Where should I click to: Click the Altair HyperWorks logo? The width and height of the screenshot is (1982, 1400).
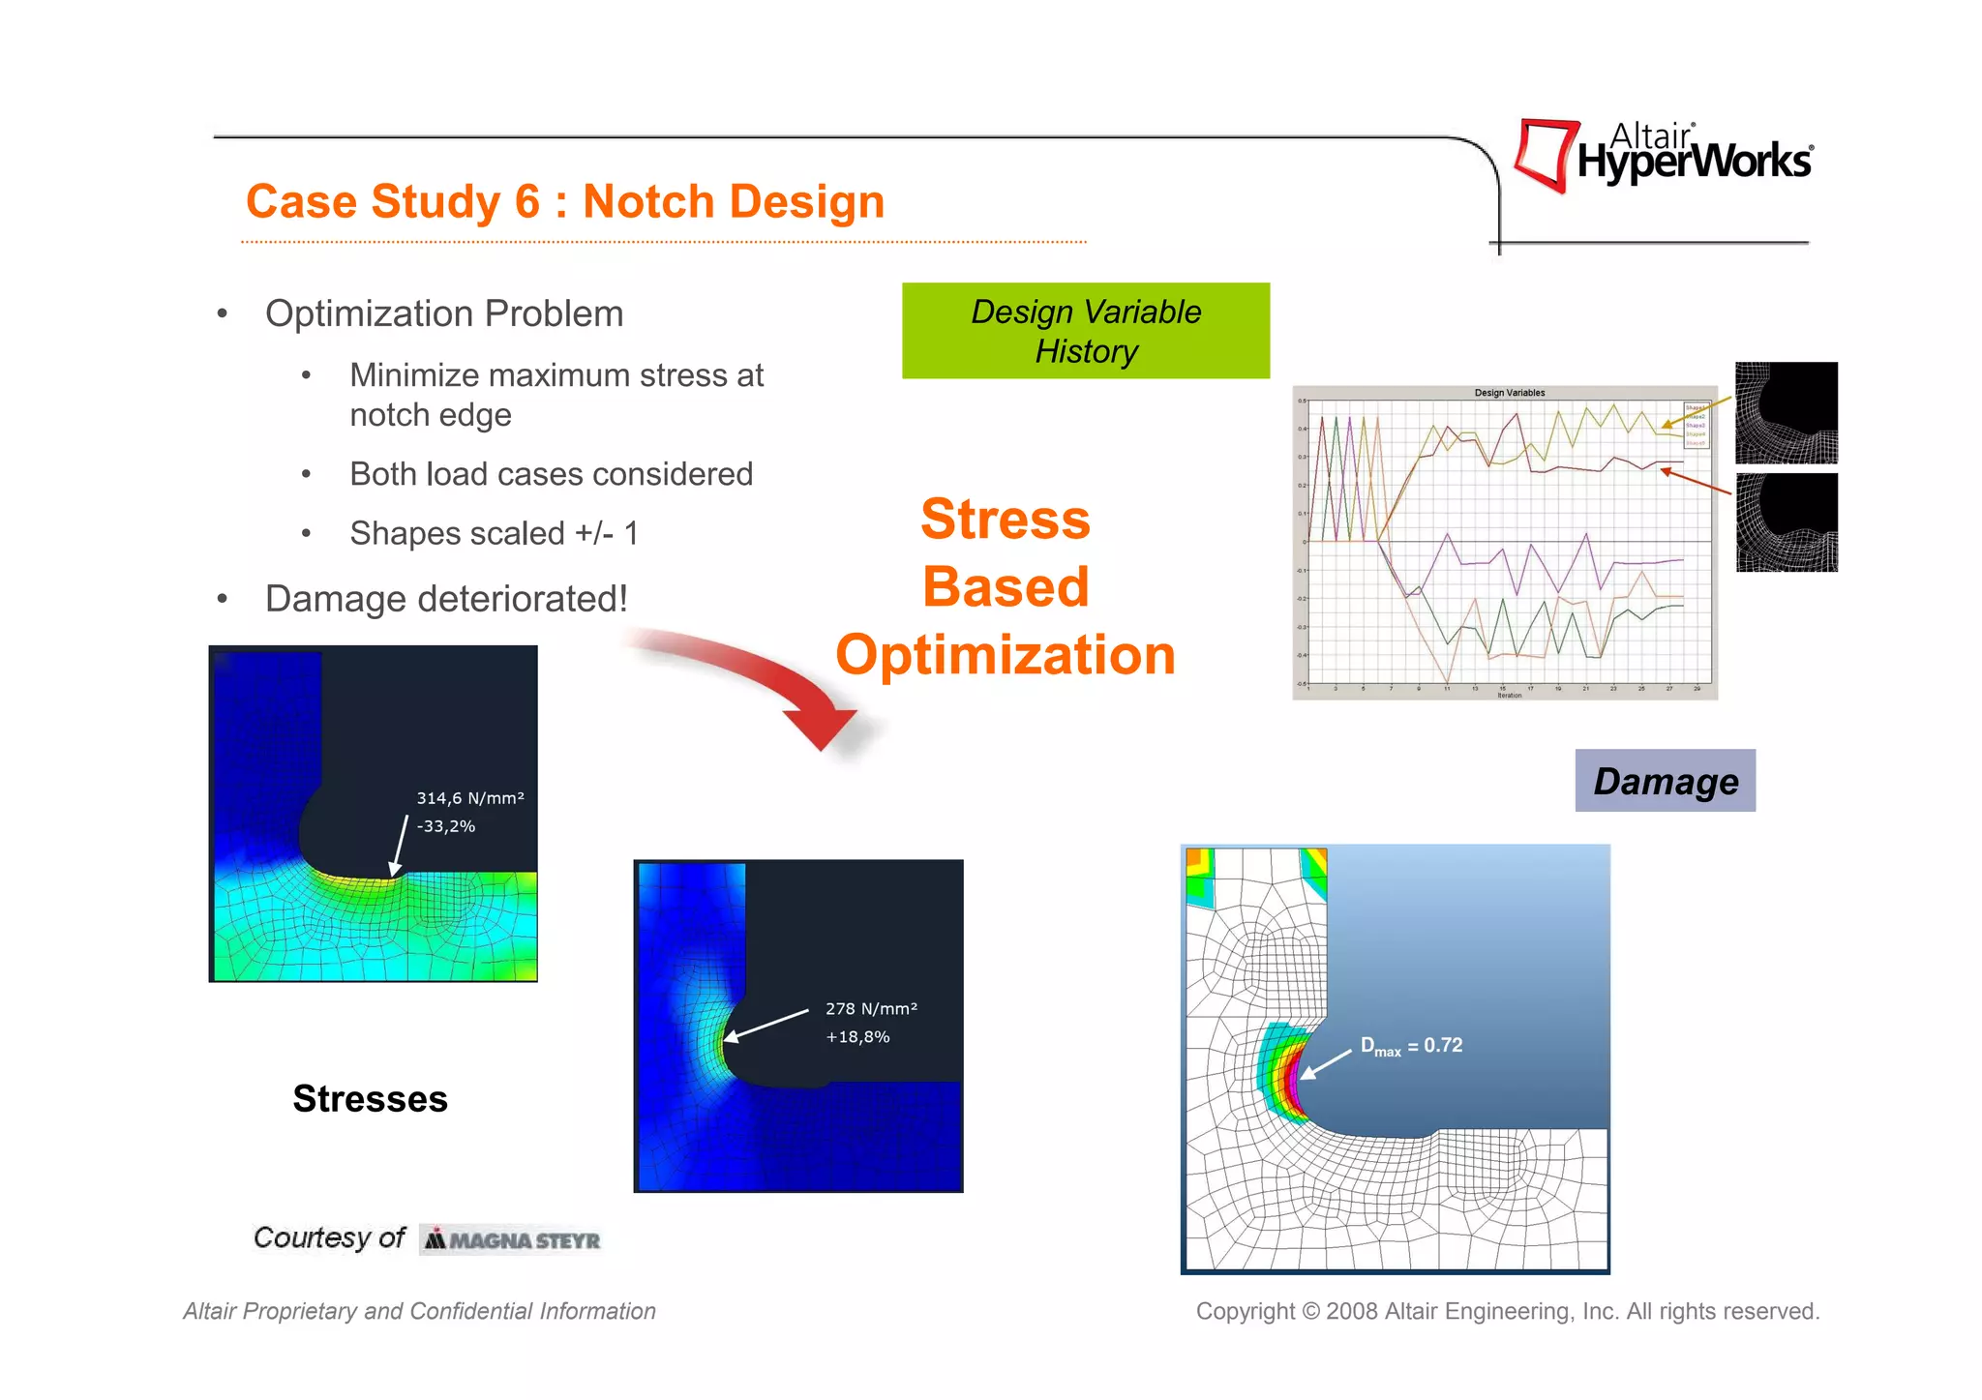point(1663,155)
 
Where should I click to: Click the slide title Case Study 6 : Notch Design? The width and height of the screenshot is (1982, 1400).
point(564,201)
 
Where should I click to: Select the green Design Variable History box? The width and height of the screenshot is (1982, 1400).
point(1085,331)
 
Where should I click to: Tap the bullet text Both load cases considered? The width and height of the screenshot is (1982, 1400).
point(551,474)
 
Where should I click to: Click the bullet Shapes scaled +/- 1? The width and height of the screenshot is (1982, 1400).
point(494,533)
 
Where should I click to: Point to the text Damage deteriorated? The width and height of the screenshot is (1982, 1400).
point(446,599)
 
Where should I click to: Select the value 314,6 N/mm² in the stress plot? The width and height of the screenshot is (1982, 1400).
point(470,798)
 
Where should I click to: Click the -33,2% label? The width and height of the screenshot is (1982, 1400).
point(445,826)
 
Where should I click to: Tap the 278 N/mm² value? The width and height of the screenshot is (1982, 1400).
point(871,1008)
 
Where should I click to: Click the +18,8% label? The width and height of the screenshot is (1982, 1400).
point(856,1037)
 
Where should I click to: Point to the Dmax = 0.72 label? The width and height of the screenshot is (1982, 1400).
point(1411,1046)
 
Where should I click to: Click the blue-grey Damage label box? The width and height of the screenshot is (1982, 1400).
point(1665,781)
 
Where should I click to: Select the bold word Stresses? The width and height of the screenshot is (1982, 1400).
point(370,1099)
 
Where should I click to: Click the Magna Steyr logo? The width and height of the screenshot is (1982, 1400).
point(511,1239)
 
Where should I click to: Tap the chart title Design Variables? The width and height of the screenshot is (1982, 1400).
point(1509,393)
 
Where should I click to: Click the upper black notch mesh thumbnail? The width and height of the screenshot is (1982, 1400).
point(1786,413)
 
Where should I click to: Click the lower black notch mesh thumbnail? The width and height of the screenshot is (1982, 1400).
point(1786,522)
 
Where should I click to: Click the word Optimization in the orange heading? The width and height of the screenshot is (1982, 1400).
point(1005,655)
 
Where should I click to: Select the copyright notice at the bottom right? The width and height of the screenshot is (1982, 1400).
point(1507,1311)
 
